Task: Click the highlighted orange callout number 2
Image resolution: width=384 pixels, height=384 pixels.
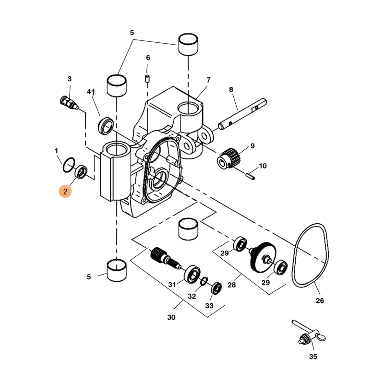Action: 65,192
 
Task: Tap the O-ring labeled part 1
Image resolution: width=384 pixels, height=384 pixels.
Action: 68,164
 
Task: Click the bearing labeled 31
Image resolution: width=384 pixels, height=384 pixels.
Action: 192,274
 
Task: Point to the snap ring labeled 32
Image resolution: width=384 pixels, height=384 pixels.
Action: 204,280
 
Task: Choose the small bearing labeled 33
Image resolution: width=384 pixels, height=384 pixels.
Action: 216,288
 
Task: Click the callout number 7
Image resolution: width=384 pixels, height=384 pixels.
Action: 209,80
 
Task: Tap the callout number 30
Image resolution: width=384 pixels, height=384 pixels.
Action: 171,317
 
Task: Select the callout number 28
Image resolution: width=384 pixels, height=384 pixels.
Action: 232,285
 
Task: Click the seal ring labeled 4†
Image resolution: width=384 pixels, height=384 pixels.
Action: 106,125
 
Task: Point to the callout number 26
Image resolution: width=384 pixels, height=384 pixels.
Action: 320,301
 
